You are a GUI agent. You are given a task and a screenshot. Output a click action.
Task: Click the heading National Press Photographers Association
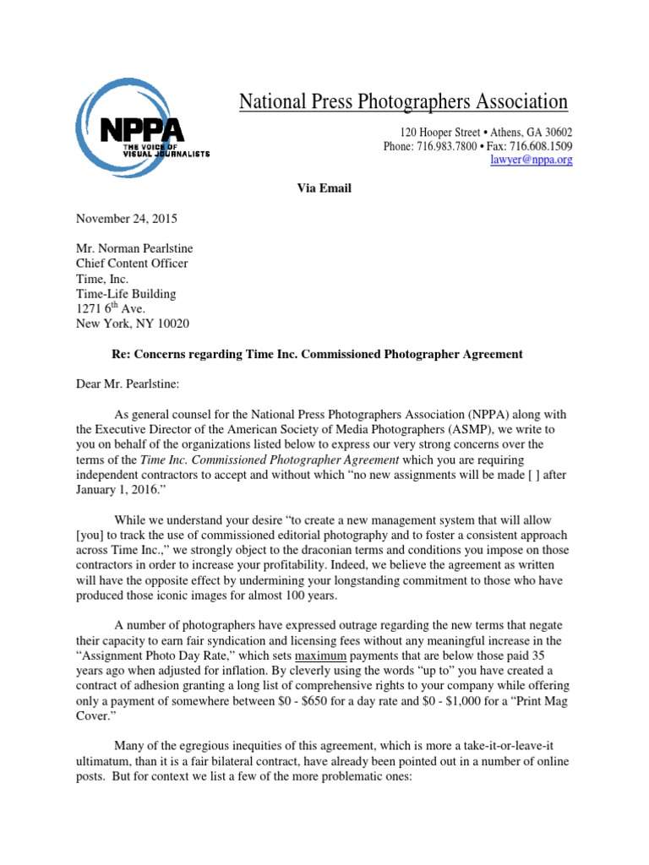pos(403,102)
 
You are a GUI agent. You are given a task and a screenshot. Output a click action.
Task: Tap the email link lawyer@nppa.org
pos(531,160)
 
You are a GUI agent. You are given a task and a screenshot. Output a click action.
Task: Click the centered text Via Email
pos(324,188)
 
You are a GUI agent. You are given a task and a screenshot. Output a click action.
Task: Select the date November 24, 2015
pos(127,218)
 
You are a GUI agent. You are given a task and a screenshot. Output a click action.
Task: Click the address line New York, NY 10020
pos(133,324)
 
